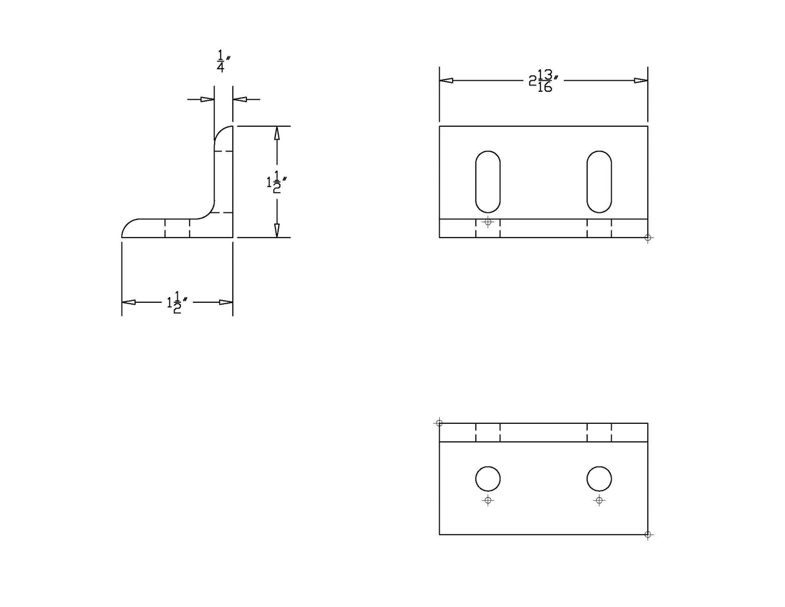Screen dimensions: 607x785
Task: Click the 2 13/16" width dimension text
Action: tap(543, 81)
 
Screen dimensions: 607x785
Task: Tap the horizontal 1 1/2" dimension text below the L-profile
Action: tap(177, 302)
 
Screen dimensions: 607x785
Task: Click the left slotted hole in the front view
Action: tap(488, 182)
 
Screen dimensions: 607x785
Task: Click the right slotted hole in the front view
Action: tap(599, 182)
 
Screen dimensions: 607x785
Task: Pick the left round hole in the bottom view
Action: tap(488, 479)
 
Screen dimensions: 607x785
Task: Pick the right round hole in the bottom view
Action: tap(599, 479)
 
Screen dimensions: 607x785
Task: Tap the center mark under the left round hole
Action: tap(488, 500)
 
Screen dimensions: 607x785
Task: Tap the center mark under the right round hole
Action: tap(599, 500)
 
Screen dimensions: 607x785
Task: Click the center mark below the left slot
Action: tap(488, 222)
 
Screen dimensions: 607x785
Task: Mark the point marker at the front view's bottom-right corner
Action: tap(647, 237)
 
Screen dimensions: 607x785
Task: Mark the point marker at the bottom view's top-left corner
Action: tap(439, 423)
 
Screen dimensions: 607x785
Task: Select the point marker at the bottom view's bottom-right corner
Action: tap(647, 535)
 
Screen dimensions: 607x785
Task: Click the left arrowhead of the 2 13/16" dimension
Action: tap(446, 81)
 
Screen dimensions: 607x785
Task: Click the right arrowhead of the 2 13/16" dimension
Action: tap(641, 81)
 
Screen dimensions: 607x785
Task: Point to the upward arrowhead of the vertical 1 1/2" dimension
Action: tap(277, 133)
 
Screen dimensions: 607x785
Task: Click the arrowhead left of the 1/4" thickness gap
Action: tap(207, 100)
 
